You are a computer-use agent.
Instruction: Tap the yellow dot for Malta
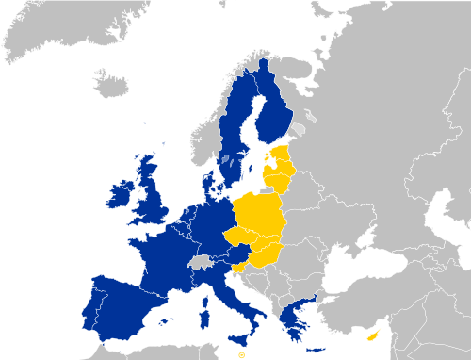tap(241, 356)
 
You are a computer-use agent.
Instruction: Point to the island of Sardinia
tap(204, 305)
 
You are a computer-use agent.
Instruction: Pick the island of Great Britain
tap(151, 193)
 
